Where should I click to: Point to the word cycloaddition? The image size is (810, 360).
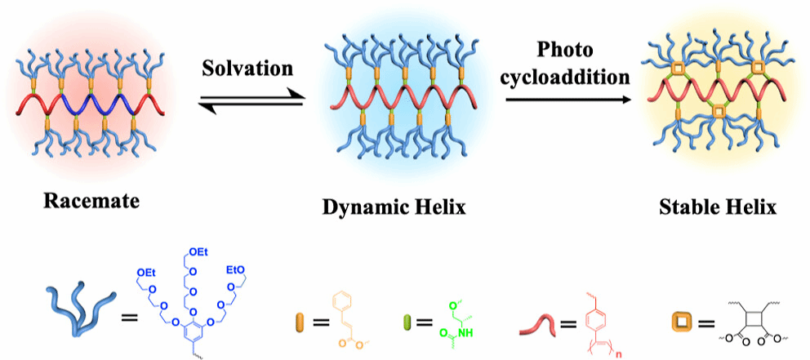569,78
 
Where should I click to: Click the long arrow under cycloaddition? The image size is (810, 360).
569,100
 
